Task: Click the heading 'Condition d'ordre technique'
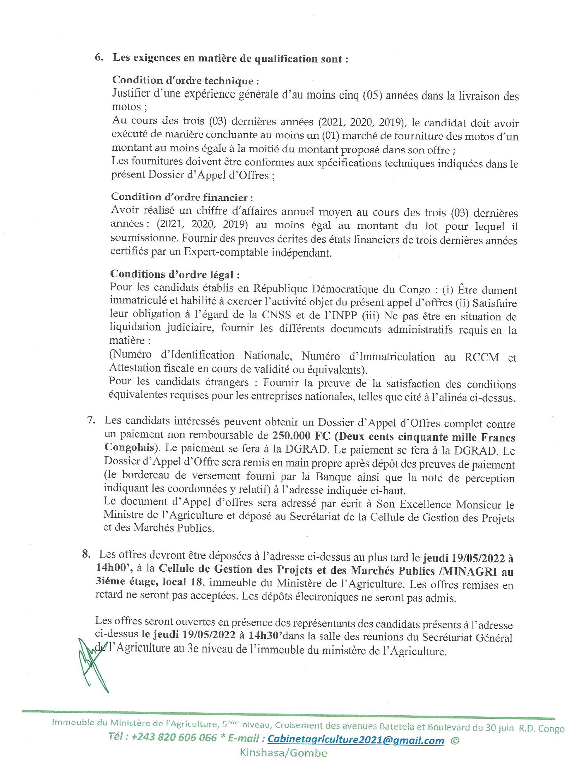point(186,81)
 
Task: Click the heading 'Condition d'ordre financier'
point(182,197)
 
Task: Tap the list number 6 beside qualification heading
point(99,58)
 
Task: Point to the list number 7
point(91,420)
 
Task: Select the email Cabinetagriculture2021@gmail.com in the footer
point(356,740)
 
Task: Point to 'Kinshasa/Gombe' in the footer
point(283,753)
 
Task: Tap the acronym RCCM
point(482,357)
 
